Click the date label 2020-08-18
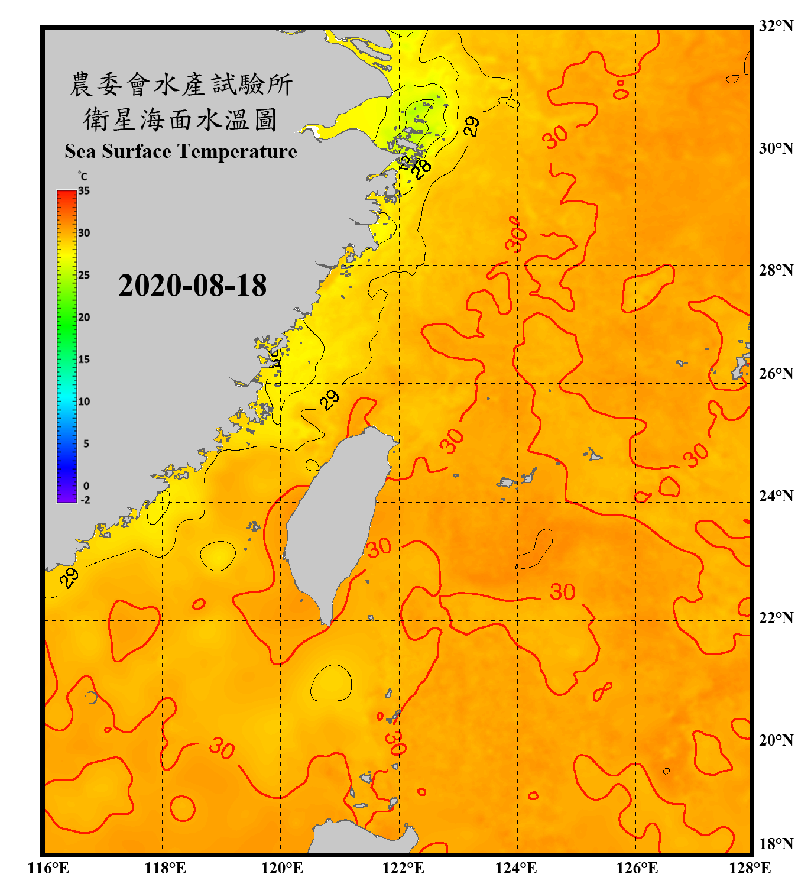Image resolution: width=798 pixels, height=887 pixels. point(193,286)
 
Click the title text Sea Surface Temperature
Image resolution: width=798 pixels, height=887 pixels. point(181,151)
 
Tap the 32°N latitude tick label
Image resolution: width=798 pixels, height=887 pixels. point(776,26)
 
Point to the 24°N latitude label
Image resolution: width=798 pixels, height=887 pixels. point(776,496)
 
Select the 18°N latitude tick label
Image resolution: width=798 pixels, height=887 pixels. point(776,844)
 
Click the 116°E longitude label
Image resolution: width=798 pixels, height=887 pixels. point(48,868)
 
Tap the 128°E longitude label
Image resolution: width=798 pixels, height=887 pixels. point(750,868)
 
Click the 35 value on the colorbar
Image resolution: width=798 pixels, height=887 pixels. point(84,191)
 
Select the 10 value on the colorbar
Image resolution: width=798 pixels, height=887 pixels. point(84,402)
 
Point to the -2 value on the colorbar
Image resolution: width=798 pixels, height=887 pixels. point(85,500)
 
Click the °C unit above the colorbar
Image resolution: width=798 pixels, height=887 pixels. point(83,176)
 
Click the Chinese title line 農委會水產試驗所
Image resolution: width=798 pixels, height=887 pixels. point(181,84)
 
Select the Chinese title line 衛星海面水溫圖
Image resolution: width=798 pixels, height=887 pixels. point(181,119)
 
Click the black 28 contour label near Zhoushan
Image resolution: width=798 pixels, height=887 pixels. point(422,170)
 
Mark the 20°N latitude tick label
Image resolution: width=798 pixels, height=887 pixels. point(776,740)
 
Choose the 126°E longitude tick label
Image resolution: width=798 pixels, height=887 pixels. point(637,868)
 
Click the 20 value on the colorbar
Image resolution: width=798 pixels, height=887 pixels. point(84,317)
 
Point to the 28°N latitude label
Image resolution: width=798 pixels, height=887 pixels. point(776,270)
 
